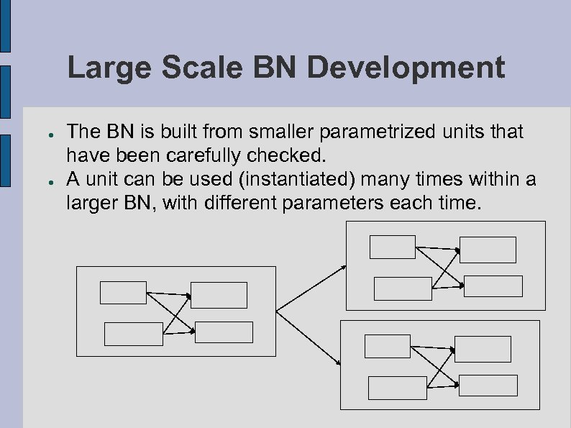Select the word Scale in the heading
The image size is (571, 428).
tap(211, 69)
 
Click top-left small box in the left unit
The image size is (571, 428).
tap(123, 292)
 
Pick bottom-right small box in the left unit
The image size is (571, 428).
tap(224, 332)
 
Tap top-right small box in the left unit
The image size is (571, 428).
tap(219, 295)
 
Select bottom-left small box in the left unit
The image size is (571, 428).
tap(134, 334)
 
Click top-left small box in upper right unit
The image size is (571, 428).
tap(392, 247)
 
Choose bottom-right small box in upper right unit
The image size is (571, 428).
tap(493, 286)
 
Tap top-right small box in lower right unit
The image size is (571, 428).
tap(483, 349)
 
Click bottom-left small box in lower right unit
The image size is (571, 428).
tap(397, 388)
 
